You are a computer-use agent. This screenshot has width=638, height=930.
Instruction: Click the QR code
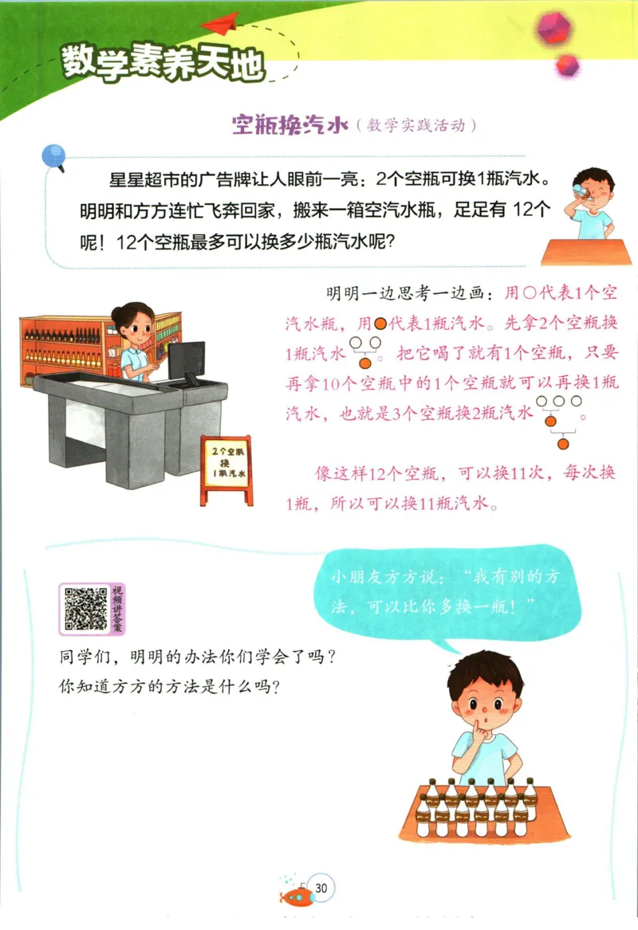pyautogui.click(x=85, y=608)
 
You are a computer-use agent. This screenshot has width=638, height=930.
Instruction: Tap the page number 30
pyautogui.click(x=322, y=887)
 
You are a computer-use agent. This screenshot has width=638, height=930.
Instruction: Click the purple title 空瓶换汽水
pyautogui.click(x=290, y=126)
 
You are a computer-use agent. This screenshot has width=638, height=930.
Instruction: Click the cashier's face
pyautogui.click(x=134, y=326)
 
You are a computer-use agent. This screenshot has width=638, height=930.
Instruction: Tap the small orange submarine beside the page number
pyautogui.click(x=297, y=897)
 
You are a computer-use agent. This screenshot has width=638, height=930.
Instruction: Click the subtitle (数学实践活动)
pyautogui.click(x=417, y=126)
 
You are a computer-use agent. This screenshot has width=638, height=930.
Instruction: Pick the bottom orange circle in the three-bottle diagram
pyautogui.click(x=563, y=443)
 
